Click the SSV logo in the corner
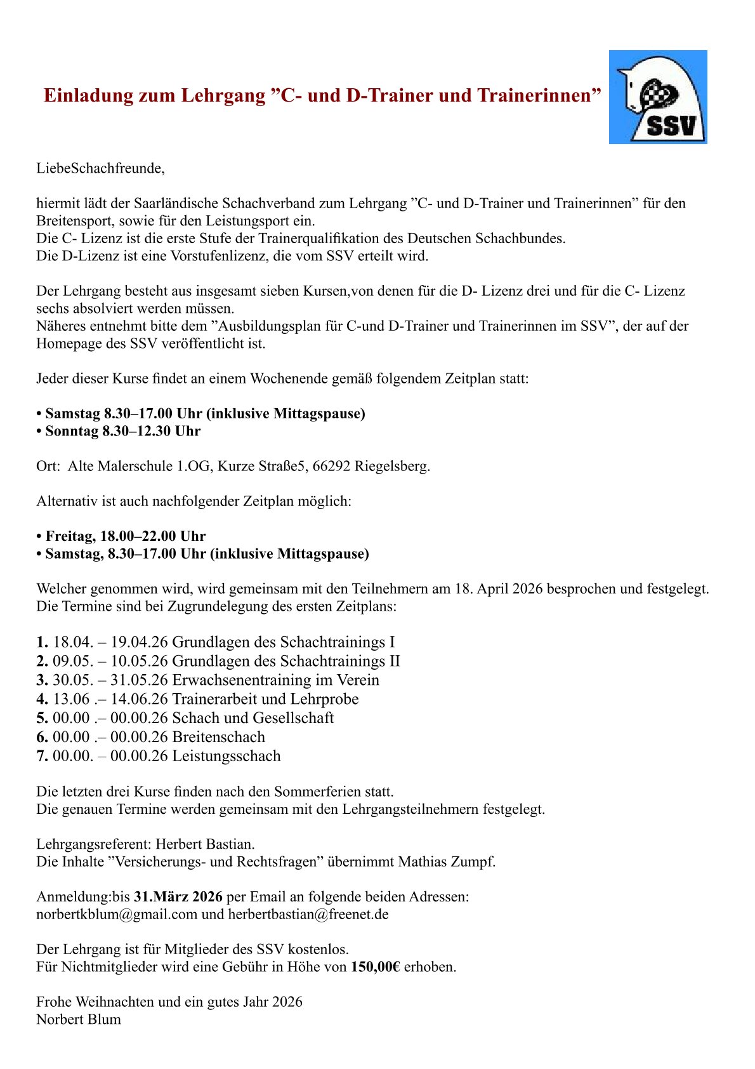pyautogui.click(x=658, y=97)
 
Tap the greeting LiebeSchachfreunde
pyautogui.click(x=100, y=168)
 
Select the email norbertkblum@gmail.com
pyautogui.click(x=117, y=914)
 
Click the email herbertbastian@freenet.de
pyautogui.click(x=308, y=914)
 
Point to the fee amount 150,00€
pyautogui.click(x=375, y=967)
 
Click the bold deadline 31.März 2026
pyautogui.click(x=178, y=896)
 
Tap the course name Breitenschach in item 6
pyautogui.click(x=218, y=737)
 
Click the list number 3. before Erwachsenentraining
pyautogui.click(x=42, y=680)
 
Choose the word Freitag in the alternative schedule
pyautogui.click(x=70, y=536)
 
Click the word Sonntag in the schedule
pyautogui.click(x=72, y=431)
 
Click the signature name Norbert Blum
pyautogui.click(x=79, y=1019)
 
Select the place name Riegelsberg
pyautogui.click(x=393, y=466)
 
